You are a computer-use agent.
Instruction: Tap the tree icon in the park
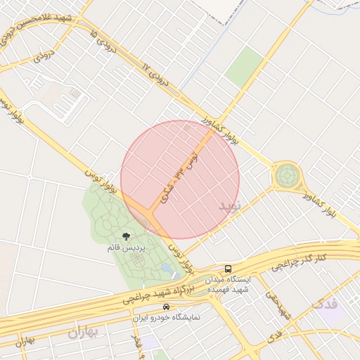[126, 237]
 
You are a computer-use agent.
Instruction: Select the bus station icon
[229, 269]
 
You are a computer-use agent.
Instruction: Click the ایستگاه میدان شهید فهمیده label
[229, 285]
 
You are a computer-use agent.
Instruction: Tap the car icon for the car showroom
[166, 307]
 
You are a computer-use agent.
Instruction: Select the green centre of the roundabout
[287, 175]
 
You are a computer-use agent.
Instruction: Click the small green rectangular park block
[244, 67]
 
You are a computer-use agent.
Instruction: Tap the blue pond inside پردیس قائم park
[167, 268]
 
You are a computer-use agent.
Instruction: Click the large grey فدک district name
[325, 304]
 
